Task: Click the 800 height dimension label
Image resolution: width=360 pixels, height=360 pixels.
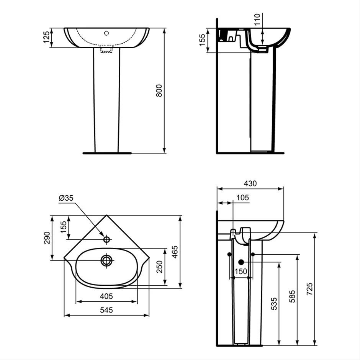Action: [159, 90]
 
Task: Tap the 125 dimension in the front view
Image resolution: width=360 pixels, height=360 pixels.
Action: [46, 37]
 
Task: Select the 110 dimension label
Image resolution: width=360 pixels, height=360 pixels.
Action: [257, 19]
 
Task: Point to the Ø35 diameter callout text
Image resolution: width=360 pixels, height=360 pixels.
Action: [66, 198]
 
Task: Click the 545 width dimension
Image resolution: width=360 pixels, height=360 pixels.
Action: [106, 310]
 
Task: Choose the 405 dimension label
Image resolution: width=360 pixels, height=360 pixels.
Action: [106, 296]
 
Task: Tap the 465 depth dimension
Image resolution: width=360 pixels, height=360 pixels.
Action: [175, 252]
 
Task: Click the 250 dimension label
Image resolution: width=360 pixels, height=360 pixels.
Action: [159, 267]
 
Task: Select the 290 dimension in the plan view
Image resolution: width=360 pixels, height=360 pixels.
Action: [47, 238]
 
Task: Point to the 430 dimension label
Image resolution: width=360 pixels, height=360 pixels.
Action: [250, 183]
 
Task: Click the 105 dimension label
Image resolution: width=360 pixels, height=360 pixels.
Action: [242, 198]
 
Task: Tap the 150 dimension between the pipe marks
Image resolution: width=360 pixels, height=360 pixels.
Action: [241, 272]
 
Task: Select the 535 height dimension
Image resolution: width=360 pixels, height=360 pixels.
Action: [274, 304]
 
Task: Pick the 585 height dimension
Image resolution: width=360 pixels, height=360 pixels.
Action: [292, 296]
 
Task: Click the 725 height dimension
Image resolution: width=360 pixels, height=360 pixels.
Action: [309, 289]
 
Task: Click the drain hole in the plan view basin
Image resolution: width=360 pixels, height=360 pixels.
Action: [106, 260]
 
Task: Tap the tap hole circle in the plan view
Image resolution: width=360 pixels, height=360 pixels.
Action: [106, 239]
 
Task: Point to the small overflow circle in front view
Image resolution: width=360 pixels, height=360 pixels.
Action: [106, 33]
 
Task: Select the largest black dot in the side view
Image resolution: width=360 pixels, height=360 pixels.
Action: [241, 262]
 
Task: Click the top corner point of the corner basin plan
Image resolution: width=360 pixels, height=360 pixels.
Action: [106, 215]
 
